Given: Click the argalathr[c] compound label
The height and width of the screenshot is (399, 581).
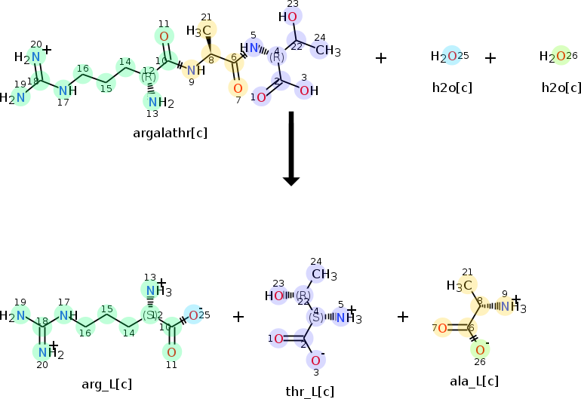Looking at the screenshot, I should click(x=170, y=133).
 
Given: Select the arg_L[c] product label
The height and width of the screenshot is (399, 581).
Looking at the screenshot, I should click(x=107, y=385).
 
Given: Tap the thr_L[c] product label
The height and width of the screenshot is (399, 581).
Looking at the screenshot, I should click(x=309, y=391).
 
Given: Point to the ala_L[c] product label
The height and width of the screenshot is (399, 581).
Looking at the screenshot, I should click(x=474, y=382).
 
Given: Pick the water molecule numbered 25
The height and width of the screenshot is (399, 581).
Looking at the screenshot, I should click(x=450, y=57).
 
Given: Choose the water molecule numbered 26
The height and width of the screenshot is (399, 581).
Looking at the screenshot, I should click(x=559, y=57).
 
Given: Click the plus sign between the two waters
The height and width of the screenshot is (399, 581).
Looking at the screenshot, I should click(x=490, y=58).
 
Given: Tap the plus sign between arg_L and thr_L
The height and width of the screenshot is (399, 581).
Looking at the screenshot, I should click(x=238, y=317).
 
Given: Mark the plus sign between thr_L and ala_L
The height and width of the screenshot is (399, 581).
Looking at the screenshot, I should click(x=403, y=317).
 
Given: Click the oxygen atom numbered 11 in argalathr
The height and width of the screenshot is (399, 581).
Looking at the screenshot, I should click(x=164, y=35).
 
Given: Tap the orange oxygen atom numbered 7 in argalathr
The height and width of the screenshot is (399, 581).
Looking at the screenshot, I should click(x=237, y=87).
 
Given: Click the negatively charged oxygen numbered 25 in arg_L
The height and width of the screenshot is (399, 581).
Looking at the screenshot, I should click(x=194, y=315).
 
